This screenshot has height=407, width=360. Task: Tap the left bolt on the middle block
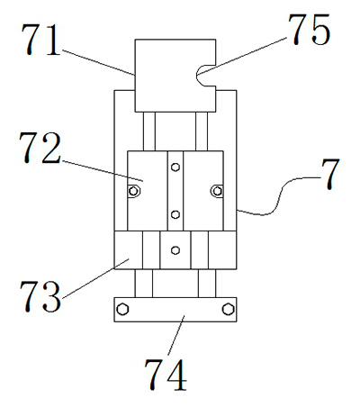[x=134, y=189]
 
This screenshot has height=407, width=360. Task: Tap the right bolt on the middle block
[x=216, y=189]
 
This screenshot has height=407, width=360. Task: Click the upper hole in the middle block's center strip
[x=175, y=165]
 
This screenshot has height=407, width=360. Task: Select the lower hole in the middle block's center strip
[x=175, y=213]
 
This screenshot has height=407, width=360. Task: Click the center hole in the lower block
[x=175, y=249]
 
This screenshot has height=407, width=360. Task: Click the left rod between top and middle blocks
[x=148, y=131]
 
